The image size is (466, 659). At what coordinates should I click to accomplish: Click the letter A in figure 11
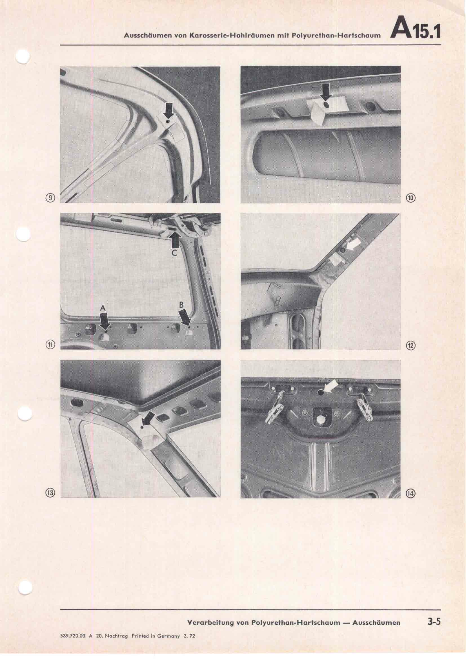[103, 309]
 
